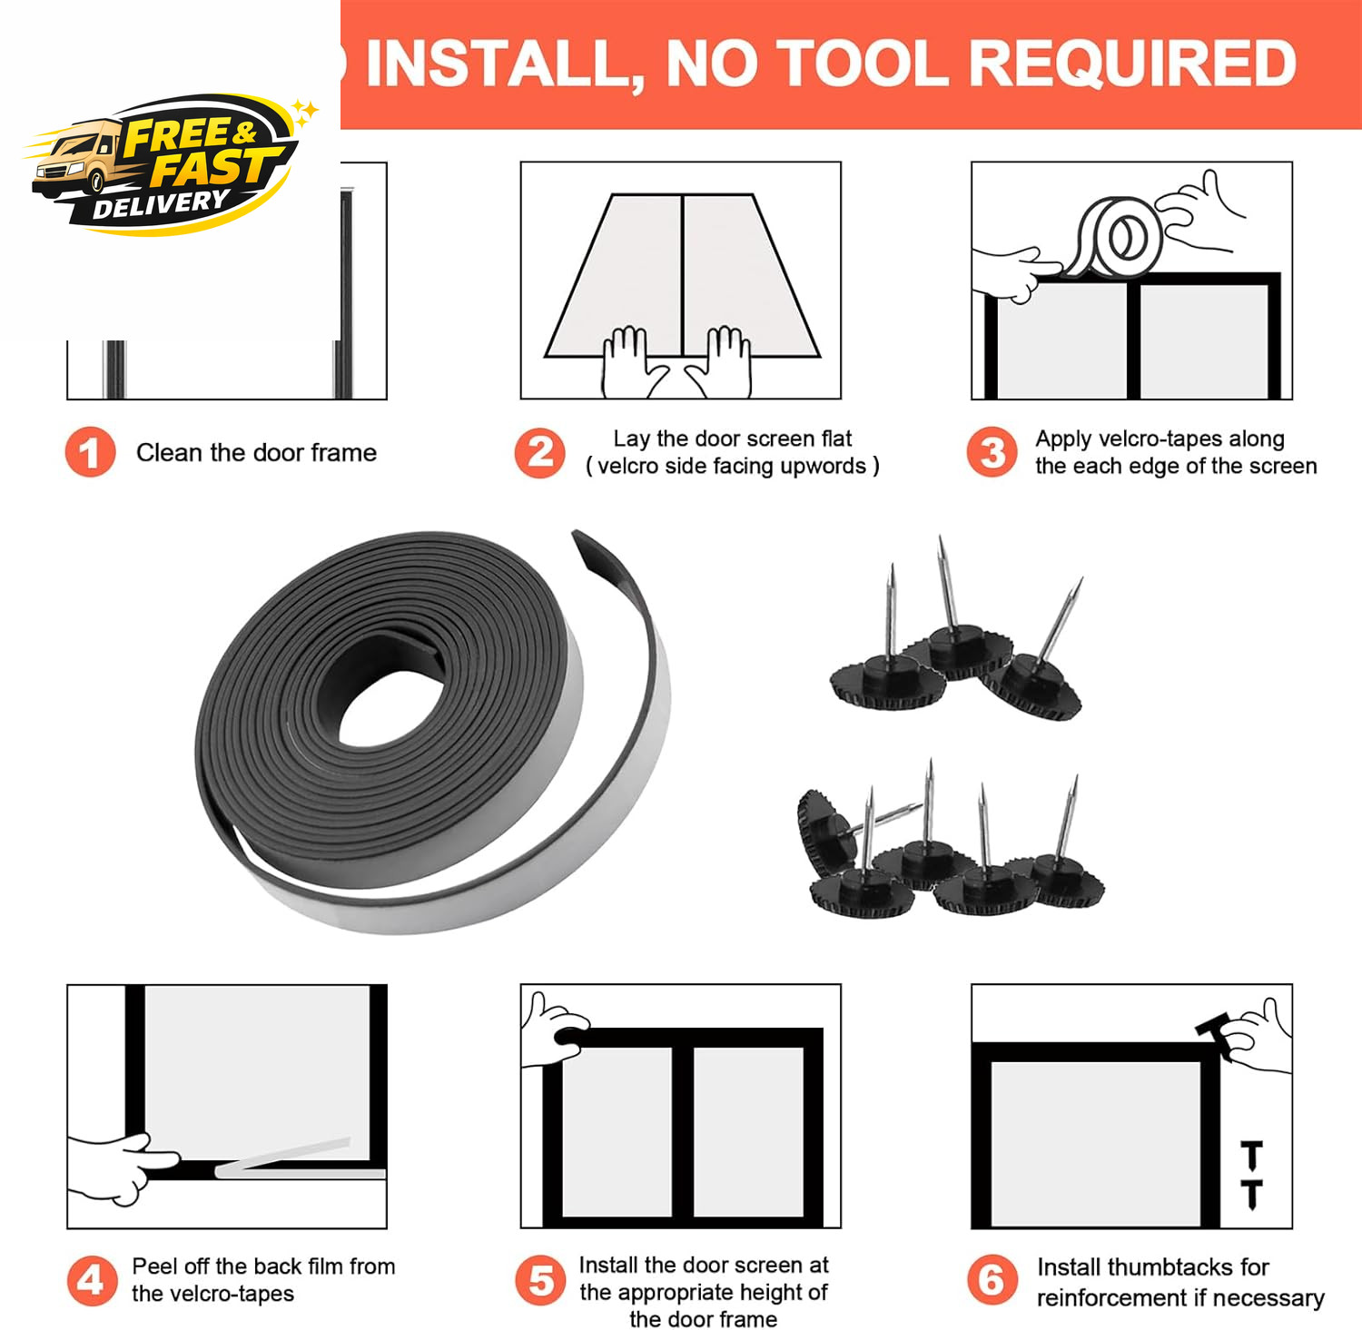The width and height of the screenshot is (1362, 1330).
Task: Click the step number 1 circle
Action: click(90, 452)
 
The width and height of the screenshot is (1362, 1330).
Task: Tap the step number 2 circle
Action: click(540, 452)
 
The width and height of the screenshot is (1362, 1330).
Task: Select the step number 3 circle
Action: click(992, 452)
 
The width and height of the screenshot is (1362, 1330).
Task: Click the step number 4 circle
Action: click(92, 1280)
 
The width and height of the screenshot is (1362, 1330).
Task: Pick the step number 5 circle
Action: click(541, 1280)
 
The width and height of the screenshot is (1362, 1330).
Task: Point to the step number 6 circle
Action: click(992, 1280)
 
